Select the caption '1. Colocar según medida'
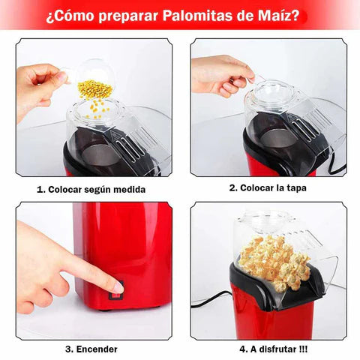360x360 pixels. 91,189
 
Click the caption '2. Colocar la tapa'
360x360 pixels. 268,187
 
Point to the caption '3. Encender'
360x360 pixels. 91,349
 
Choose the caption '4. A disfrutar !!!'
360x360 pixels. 274,349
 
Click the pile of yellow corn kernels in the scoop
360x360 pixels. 95,88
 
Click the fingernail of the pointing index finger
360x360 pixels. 118,287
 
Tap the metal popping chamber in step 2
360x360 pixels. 278,139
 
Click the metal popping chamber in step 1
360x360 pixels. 100,155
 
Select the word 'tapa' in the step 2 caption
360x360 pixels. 297,188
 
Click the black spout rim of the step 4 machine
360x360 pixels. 276,285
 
